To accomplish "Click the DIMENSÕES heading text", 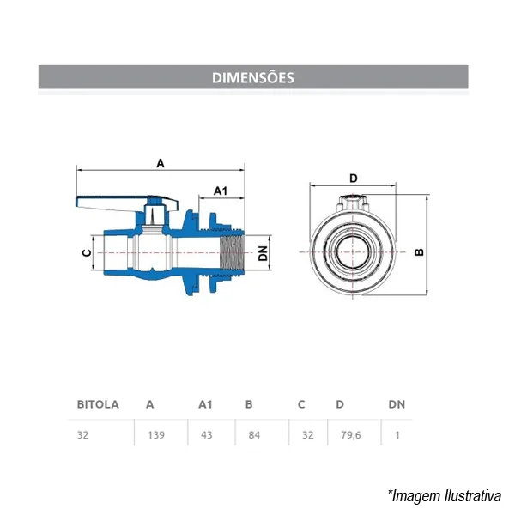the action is point(253,78).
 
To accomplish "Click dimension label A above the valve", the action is point(161,163).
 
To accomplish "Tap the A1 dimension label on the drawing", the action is point(221,191).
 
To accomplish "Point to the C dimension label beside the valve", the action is point(87,252).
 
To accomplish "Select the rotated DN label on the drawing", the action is point(264,253).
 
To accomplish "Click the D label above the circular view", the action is point(354,179).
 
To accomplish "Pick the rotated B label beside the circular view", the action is point(420,251).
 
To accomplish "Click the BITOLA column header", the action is point(98,404).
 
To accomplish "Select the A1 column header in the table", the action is point(205,404).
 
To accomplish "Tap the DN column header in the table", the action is point(397,404).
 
